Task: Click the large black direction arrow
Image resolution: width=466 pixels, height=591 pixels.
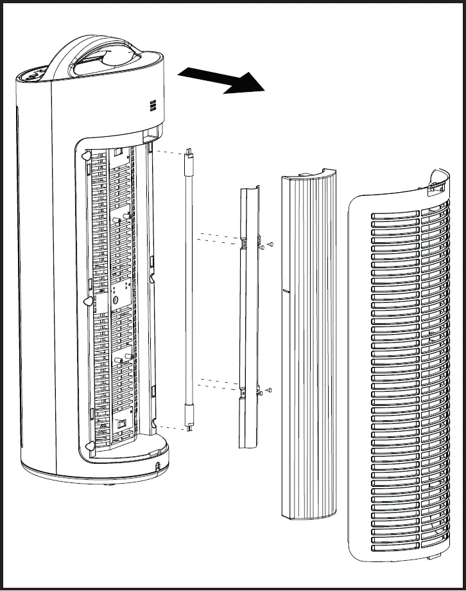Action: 221,80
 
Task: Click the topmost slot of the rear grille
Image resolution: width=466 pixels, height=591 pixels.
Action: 395,214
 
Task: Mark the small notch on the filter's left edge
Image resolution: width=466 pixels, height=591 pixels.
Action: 283,290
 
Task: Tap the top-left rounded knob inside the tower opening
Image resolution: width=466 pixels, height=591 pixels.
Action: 85,156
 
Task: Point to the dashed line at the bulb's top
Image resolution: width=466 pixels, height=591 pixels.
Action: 168,153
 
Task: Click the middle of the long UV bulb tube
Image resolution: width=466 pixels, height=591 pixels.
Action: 189,289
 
